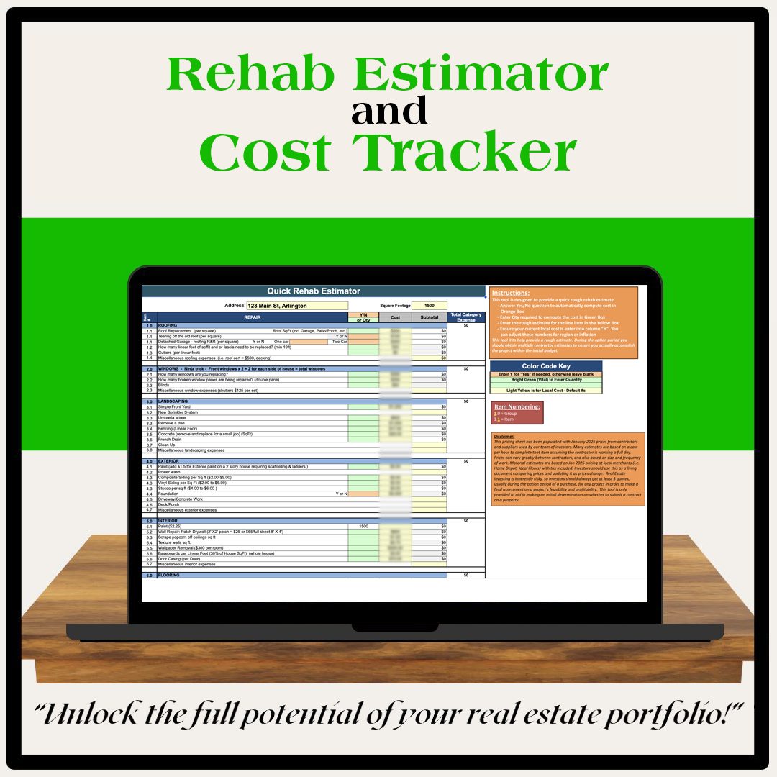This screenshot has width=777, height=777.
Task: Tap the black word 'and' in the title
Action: point(389,112)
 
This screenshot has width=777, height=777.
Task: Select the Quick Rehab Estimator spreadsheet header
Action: point(314,291)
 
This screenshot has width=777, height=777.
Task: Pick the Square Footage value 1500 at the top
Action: point(430,306)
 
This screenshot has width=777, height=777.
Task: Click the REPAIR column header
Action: point(253,317)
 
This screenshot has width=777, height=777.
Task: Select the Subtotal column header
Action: point(430,317)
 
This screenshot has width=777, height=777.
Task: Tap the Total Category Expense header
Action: point(466,317)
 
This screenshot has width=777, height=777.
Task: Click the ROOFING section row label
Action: point(168,325)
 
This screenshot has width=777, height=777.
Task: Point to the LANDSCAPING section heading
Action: point(173,401)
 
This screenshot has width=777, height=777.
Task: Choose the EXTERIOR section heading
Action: point(170,460)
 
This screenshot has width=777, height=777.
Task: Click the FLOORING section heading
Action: point(169,576)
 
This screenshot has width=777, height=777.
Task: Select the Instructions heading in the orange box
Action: point(511,294)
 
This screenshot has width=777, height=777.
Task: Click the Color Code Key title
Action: point(546,366)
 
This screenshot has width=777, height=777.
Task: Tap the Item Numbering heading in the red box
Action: point(517,407)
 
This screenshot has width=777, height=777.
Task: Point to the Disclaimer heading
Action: point(504,436)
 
